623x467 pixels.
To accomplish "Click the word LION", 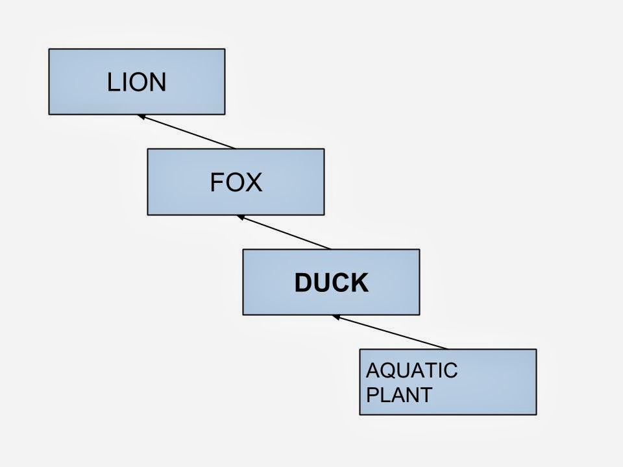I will (x=137, y=82).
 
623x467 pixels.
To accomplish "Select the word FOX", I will (x=236, y=182).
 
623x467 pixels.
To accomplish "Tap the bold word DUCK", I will (x=331, y=283).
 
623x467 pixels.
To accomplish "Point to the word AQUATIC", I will (x=412, y=371).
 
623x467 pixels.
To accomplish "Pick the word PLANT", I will (x=399, y=395).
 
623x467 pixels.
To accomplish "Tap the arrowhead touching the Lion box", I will (x=141, y=117).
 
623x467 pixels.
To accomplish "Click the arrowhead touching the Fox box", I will (x=240, y=217).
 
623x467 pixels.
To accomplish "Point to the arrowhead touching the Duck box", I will (x=336, y=317).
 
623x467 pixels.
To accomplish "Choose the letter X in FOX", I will (x=254, y=182).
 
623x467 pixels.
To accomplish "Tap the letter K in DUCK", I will (x=360, y=283).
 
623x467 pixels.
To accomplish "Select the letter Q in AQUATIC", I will (x=387, y=371).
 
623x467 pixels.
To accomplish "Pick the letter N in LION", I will (x=158, y=82).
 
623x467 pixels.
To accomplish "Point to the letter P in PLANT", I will (x=373, y=395).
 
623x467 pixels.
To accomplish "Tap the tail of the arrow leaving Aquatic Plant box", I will (x=446, y=348).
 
